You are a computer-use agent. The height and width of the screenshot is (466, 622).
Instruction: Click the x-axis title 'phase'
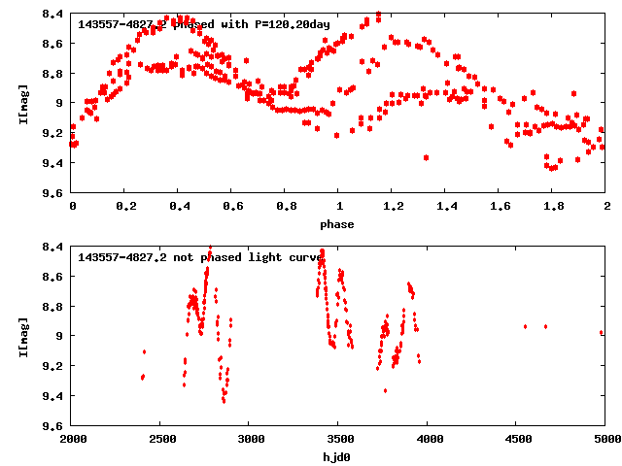(339, 223)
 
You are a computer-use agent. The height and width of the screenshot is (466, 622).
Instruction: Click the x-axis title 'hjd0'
(339, 455)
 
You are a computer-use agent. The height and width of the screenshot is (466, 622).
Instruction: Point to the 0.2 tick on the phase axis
(125, 208)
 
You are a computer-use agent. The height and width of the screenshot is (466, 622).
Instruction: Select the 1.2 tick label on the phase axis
(393, 208)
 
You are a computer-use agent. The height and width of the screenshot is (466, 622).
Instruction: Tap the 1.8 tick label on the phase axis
(553, 208)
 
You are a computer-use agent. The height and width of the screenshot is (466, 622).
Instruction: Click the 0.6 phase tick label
(232, 208)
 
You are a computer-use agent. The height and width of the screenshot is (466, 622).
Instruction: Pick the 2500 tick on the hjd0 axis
(160, 440)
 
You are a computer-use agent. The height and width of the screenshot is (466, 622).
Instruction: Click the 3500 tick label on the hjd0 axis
(339, 440)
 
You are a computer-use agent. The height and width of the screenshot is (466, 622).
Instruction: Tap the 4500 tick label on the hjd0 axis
(517, 440)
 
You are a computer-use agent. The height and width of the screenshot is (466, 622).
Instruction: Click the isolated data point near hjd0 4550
(526, 327)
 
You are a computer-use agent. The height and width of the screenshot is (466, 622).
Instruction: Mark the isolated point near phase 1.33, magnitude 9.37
(426, 157)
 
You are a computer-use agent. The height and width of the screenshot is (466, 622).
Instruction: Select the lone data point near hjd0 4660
(545, 327)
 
